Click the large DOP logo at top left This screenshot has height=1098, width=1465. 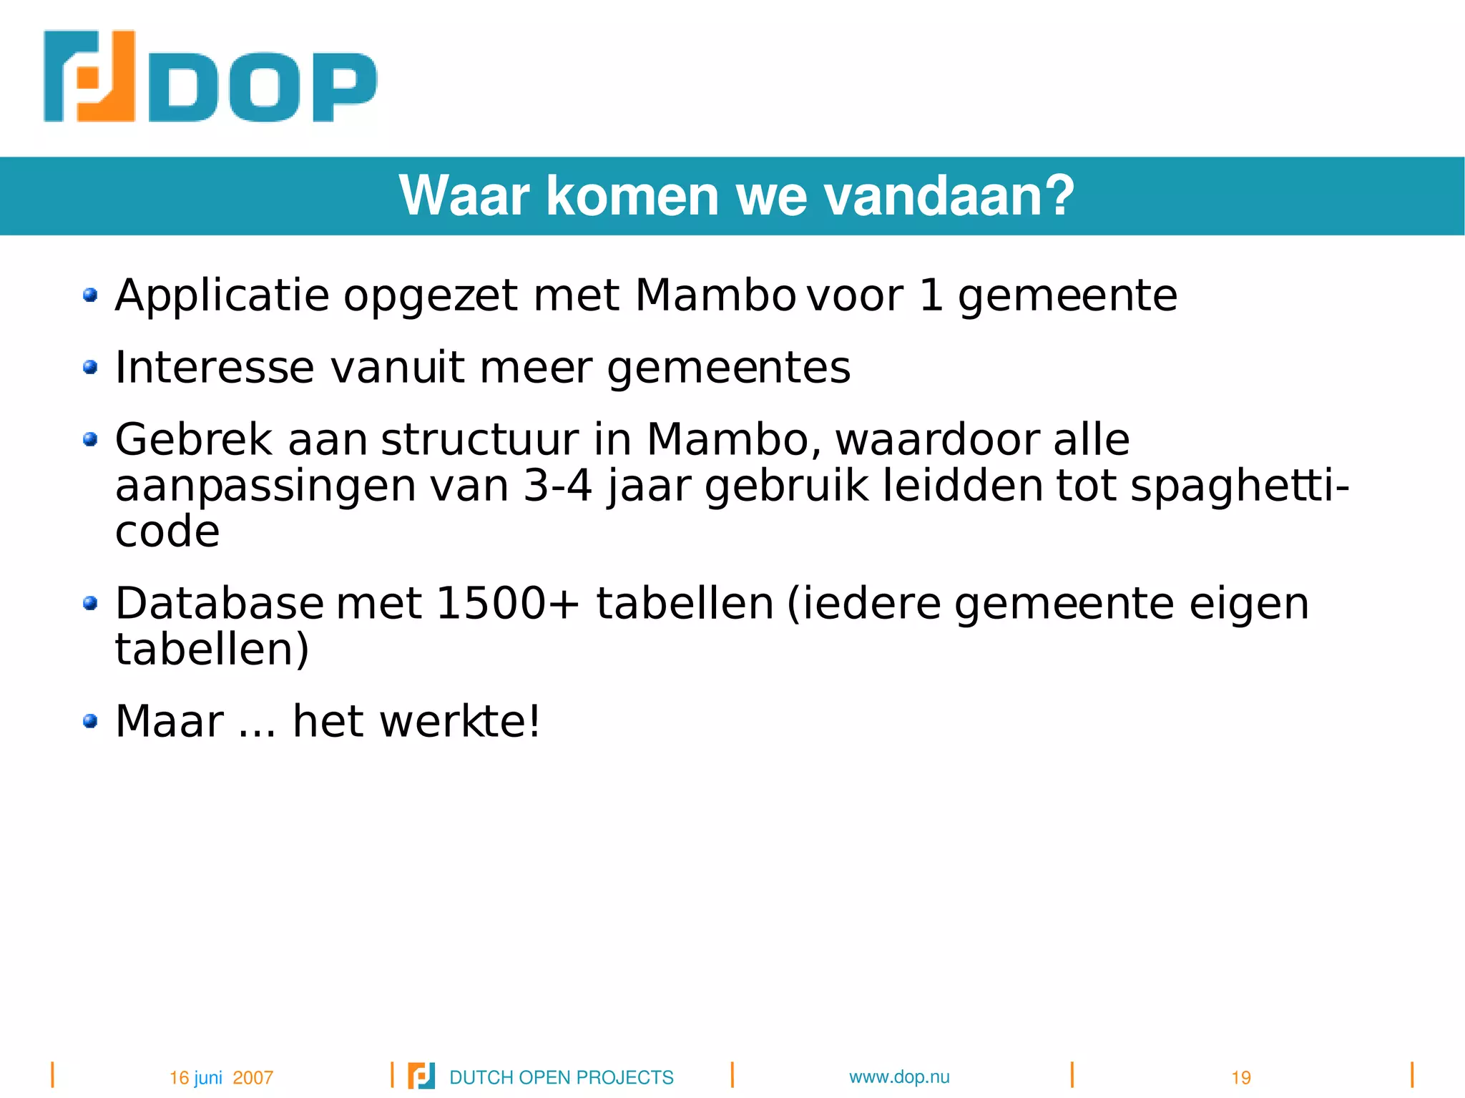(210, 77)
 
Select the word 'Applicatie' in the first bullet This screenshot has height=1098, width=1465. (222, 295)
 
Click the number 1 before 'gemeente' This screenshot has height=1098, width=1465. (931, 295)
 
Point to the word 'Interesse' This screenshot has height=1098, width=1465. (215, 368)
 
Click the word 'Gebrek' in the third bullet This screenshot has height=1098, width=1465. (193, 439)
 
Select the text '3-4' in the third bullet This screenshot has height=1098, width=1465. (558, 486)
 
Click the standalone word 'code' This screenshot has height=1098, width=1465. (167, 532)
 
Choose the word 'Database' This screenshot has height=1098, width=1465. (220, 603)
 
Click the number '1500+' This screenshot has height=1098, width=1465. (507, 603)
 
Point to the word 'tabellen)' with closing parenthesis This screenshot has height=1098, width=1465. (212, 650)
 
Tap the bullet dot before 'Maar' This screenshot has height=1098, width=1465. (90, 721)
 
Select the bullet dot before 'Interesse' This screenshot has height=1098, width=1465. (90, 368)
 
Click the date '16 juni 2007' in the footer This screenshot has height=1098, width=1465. (221, 1077)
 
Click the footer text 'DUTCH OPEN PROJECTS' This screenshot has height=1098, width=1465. (561, 1077)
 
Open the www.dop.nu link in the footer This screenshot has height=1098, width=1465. (899, 1077)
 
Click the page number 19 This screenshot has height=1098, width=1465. (1240, 1077)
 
